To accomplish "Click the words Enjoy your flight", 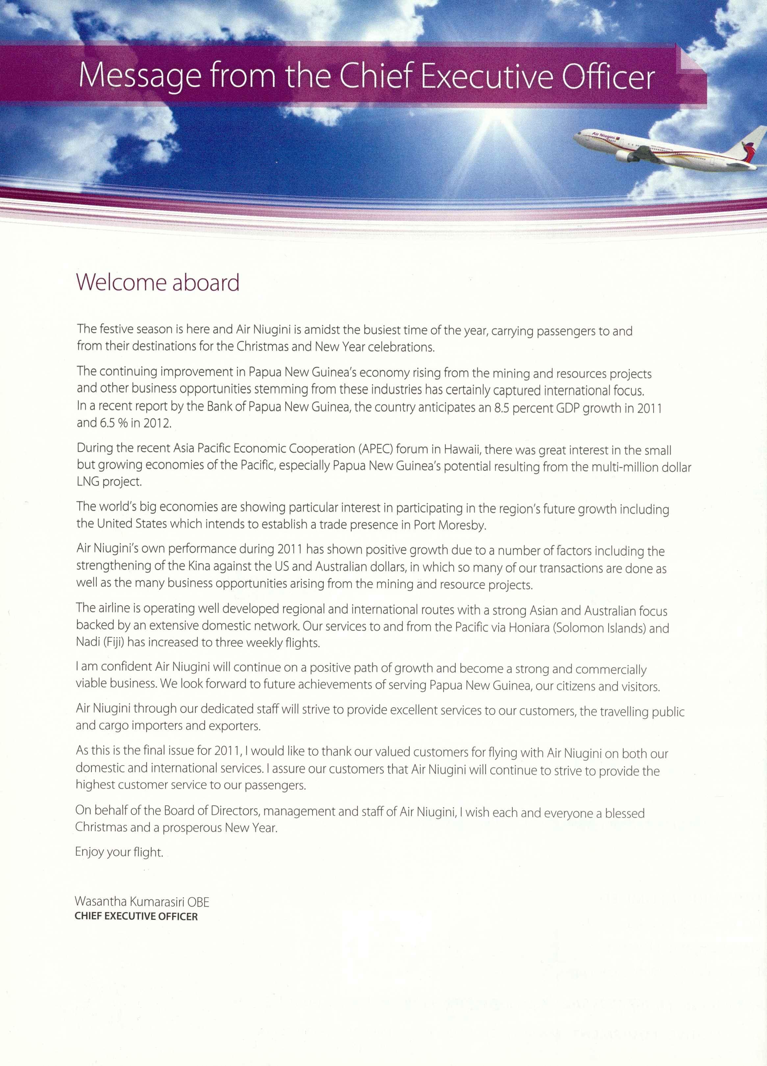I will pos(119,852).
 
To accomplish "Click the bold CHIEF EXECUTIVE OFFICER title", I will pos(136,917).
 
